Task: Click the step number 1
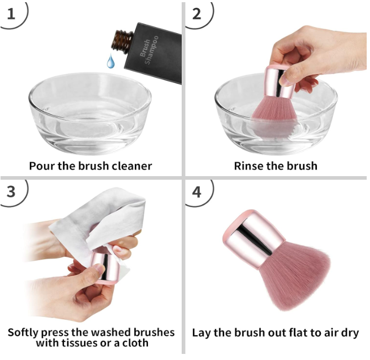tap(11, 14)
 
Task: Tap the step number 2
tap(197, 14)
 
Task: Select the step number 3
tap(11, 192)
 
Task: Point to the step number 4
tap(197, 192)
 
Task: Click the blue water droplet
tap(110, 61)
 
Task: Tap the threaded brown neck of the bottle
tap(122, 41)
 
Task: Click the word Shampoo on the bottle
tap(151, 50)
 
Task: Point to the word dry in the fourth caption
tap(350, 333)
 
